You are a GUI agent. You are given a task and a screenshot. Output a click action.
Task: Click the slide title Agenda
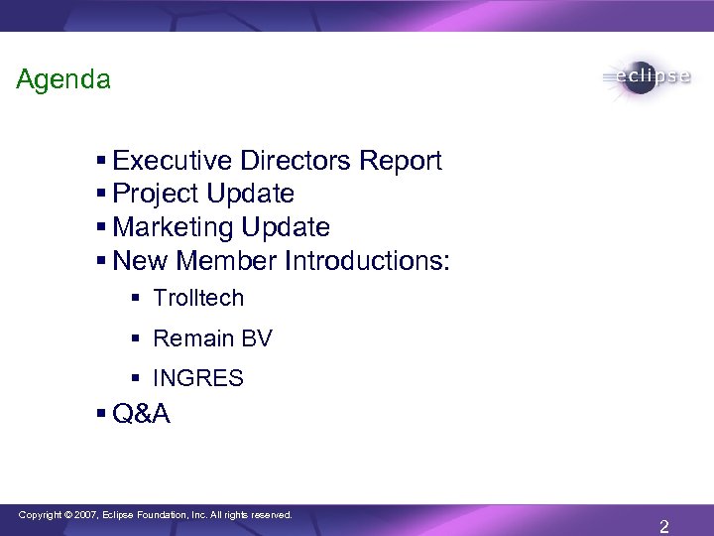click(x=63, y=79)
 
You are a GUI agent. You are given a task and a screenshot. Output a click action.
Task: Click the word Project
click(x=154, y=195)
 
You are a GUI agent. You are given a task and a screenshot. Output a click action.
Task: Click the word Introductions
click(x=367, y=262)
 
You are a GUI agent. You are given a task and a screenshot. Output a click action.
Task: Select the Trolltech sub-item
click(x=198, y=298)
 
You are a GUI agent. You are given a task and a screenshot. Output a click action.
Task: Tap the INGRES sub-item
click(x=198, y=378)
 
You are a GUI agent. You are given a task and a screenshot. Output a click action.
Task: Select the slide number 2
click(x=663, y=527)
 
